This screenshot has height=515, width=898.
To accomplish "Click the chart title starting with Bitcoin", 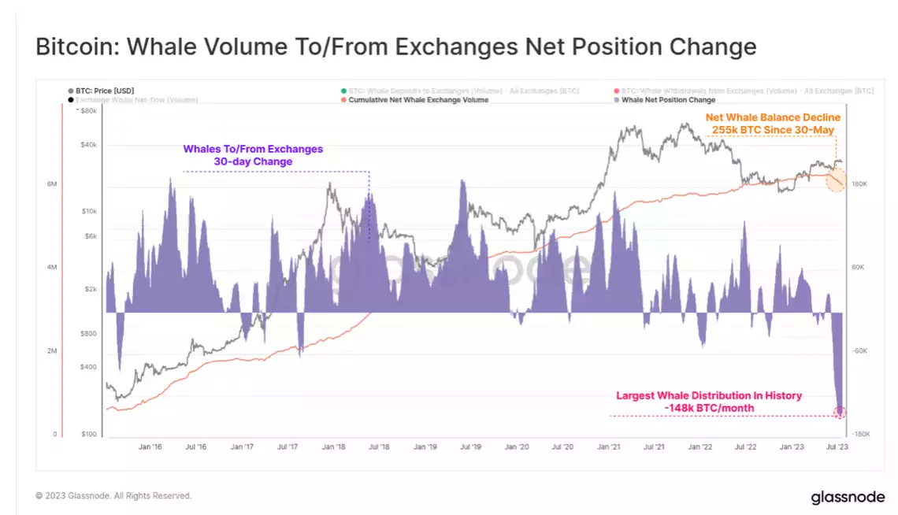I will [395, 46].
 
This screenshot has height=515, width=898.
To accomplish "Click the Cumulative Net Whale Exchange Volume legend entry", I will [418, 100].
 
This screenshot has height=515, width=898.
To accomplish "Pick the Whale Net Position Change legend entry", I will [668, 100].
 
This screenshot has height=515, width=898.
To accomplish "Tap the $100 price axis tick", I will [87, 435].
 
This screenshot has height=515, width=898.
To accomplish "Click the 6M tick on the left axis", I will [52, 184].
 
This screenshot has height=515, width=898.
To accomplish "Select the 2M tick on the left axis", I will [52, 351].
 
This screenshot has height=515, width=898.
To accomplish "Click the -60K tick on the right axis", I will [859, 351].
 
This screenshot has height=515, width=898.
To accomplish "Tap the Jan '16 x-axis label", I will [150, 446].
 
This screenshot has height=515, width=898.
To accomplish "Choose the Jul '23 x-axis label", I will [837, 446].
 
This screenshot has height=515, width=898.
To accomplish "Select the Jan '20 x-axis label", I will [517, 446].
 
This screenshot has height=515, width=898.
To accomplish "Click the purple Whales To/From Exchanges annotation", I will [253, 155].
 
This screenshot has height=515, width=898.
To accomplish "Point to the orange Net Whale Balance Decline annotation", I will [773, 123].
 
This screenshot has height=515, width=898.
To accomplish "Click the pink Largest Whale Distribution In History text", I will [708, 402].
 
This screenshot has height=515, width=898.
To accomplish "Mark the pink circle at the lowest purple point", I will [840, 412].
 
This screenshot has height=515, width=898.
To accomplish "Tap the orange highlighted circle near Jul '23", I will [836, 180].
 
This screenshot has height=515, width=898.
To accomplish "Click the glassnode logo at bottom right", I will [848, 498].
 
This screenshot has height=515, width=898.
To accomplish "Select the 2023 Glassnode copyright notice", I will [113, 496].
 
